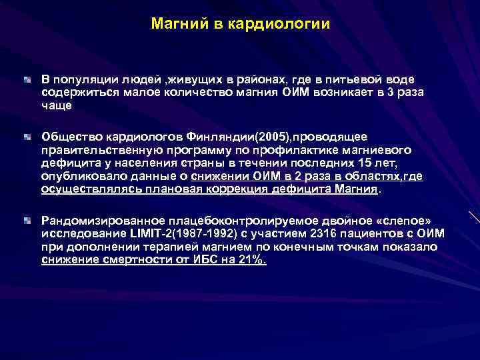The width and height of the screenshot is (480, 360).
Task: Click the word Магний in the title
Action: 175,25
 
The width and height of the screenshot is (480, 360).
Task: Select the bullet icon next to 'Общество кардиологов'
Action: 27,137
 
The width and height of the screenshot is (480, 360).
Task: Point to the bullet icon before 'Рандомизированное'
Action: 27,219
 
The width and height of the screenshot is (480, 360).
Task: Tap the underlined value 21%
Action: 251,259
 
